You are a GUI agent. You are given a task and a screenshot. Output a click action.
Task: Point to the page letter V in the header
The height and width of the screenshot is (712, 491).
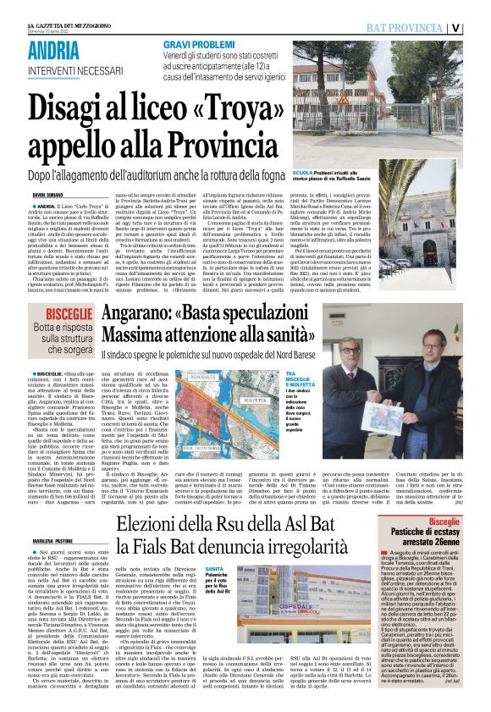(479, 27)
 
